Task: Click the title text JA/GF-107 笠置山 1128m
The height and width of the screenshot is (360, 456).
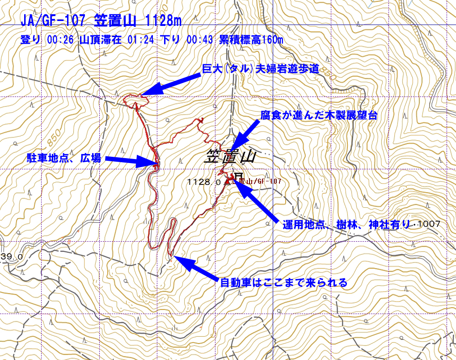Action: point(101,20)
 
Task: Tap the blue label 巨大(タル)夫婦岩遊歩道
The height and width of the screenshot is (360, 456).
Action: point(260,68)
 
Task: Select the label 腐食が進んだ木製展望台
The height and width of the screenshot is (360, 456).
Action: point(319,116)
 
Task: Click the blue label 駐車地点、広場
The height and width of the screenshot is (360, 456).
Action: point(63,158)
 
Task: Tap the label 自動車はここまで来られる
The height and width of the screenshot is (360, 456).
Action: point(283,283)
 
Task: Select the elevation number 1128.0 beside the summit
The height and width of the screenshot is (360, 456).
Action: point(205,182)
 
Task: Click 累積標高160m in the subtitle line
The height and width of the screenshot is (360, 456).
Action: point(251,39)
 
